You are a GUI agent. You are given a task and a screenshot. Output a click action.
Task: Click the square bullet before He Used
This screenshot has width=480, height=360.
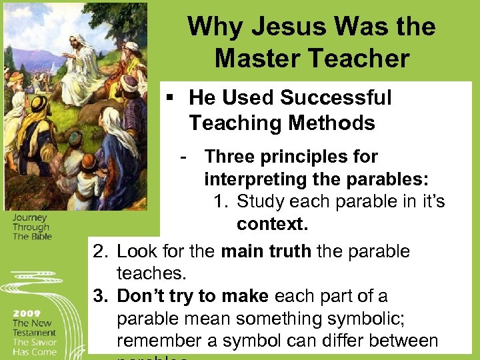171,98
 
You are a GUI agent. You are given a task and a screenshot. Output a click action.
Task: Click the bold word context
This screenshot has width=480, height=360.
268,224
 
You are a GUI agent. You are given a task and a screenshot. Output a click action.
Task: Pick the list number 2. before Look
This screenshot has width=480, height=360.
101,252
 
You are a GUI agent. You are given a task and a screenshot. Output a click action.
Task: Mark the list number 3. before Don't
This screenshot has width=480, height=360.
101,297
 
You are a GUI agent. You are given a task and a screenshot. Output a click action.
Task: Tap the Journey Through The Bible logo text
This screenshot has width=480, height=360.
31,226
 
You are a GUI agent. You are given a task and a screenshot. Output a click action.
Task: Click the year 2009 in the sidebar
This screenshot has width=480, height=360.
27,313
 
